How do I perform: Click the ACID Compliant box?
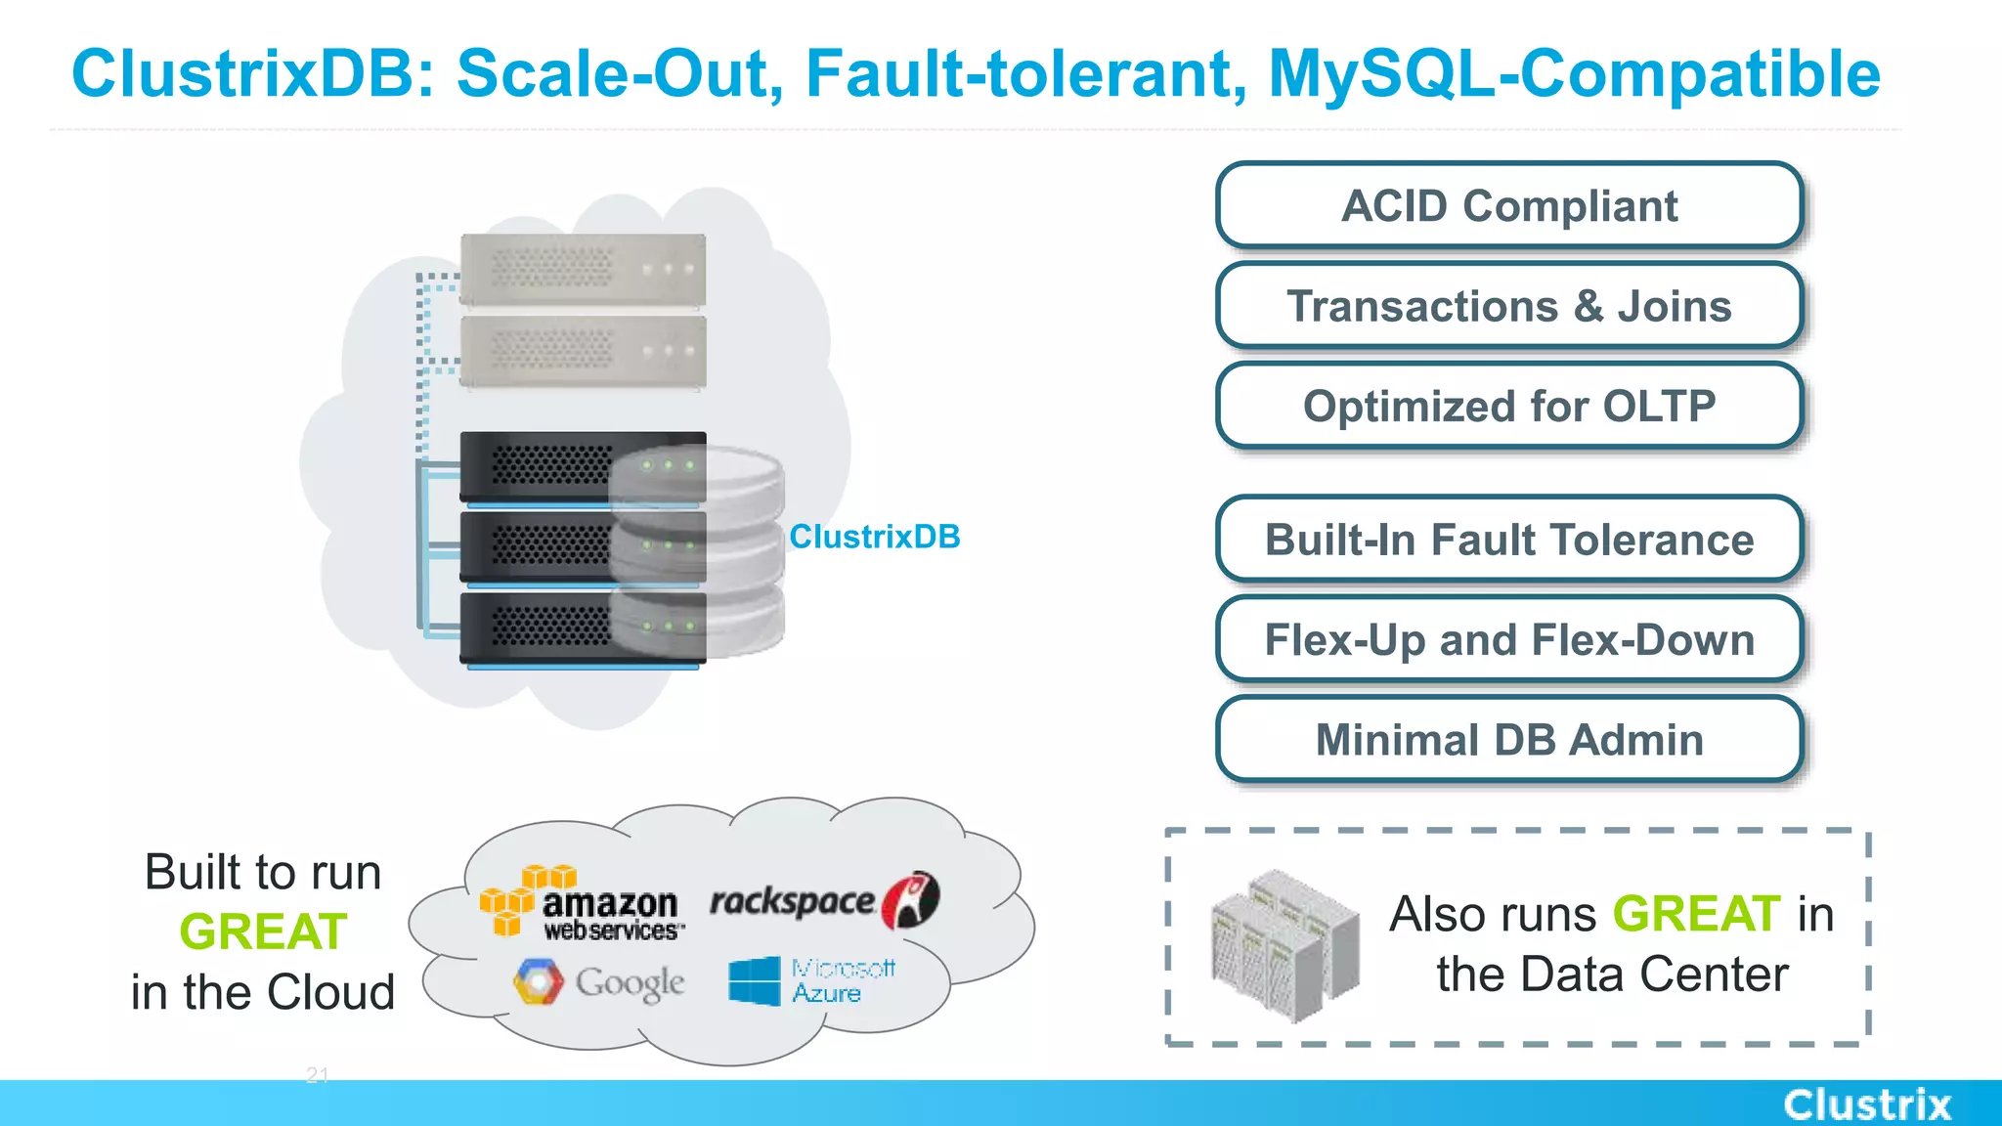click(1509, 206)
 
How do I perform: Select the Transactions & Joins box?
click(1509, 306)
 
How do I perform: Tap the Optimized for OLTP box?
click(1509, 407)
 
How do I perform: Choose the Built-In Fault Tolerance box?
click(1509, 540)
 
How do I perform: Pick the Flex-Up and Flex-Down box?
click(1509, 640)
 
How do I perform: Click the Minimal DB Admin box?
click(1509, 740)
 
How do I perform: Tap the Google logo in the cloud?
click(599, 982)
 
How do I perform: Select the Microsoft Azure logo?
click(811, 980)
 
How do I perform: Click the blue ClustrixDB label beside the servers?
click(874, 537)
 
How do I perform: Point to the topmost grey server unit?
click(583, 269)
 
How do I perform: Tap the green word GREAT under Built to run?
click(263, 931)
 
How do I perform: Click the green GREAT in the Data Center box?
click(1696, 915)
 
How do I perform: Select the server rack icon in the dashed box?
click(1284, 945)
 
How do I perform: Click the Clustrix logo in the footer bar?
click(1866, 1104)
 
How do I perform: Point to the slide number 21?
click(318, 1075)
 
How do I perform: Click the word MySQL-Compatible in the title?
click(1573, 74)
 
